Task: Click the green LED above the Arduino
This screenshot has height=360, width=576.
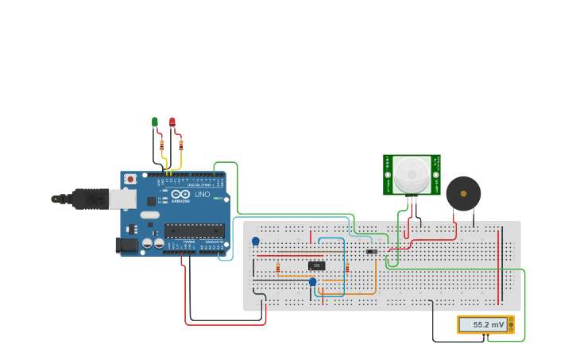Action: tap(155, 122)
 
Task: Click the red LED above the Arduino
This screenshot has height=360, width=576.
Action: tap(172, 122)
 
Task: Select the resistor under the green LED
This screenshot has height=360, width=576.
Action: tap(162, 146)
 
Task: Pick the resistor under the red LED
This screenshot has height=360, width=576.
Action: tap(181, 145)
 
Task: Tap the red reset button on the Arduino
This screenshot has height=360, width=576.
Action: tap(130, 180)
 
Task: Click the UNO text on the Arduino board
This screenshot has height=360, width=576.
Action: tap(202, 195)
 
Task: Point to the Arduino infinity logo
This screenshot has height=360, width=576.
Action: tap(181, 195)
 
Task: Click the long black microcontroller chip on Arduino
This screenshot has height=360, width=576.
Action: tap(195, 230)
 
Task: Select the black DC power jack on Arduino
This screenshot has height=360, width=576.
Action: tap(126, 246)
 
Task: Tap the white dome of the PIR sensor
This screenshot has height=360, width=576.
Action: tap(412, 172)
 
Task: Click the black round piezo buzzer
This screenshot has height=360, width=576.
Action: tap(463, 193)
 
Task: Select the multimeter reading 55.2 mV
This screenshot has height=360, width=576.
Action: tap(485, 324)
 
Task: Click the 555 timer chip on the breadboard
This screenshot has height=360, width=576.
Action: tap(316, 265)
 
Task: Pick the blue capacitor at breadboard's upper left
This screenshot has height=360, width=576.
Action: tap(255, 241)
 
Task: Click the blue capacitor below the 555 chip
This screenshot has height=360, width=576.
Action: tap(312, 281)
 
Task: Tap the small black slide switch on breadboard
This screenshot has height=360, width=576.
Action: tap(371, 252)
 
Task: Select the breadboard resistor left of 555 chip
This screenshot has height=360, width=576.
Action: tap(277, 268)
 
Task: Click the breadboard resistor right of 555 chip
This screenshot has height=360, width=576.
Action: tap(347, 268)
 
